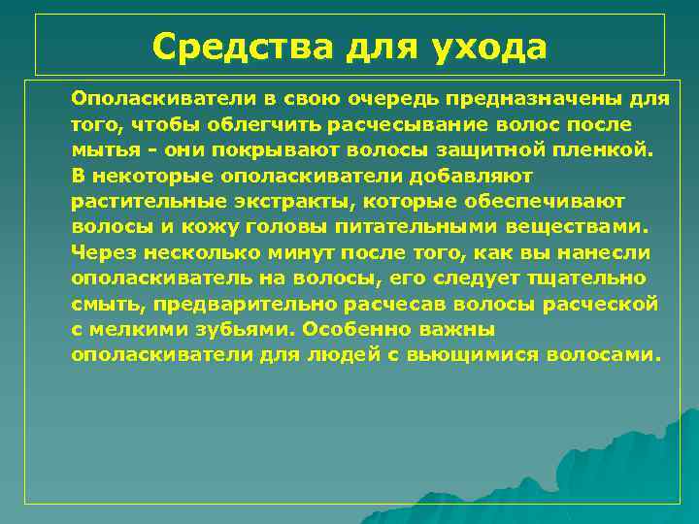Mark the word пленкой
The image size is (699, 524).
click(615, 150)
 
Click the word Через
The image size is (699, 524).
click(104, 252)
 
